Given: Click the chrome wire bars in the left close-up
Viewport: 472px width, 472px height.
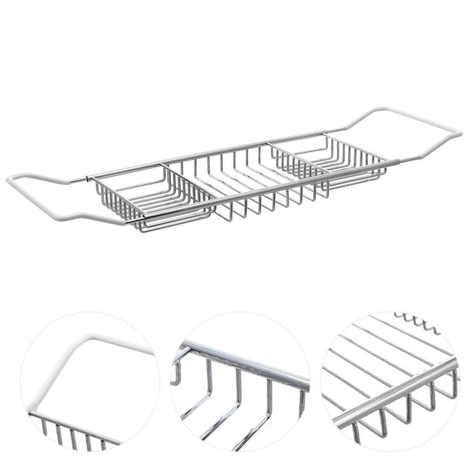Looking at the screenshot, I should click(x=71, y=432).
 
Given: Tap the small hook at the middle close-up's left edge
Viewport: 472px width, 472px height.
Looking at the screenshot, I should click(x=176, y=373).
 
